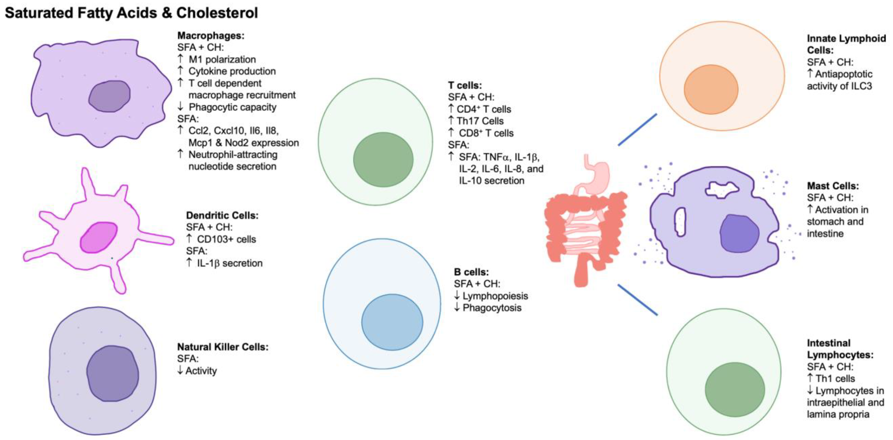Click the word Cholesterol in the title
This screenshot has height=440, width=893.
(x=217, y=13)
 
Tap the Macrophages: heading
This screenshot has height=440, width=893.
(x=211, y=36)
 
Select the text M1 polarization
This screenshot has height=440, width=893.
(x=222, y=60)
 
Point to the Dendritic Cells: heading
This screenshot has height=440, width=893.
(x=222, y=215)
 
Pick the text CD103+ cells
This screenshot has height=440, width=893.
(x=226, y=239)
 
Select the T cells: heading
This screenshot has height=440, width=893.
(x=464, y=85)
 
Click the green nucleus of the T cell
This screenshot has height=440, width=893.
(x=383, y=160)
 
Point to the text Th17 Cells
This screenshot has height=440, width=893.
(x=480, y=121)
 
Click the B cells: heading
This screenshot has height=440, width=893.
(x=471, y=272)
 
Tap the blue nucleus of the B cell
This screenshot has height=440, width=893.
(x=392, y=322)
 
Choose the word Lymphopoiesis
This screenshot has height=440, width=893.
(x=495, y=296)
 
